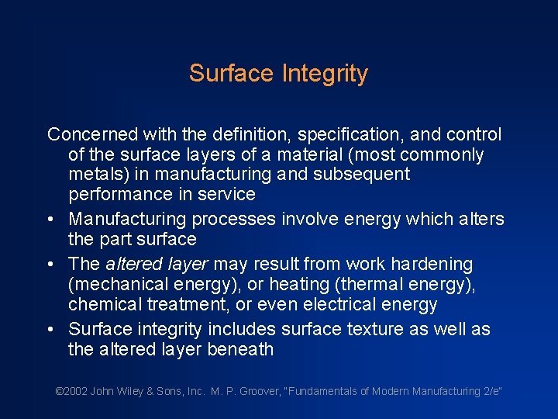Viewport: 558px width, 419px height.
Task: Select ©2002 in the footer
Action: [x=71, y=391]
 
